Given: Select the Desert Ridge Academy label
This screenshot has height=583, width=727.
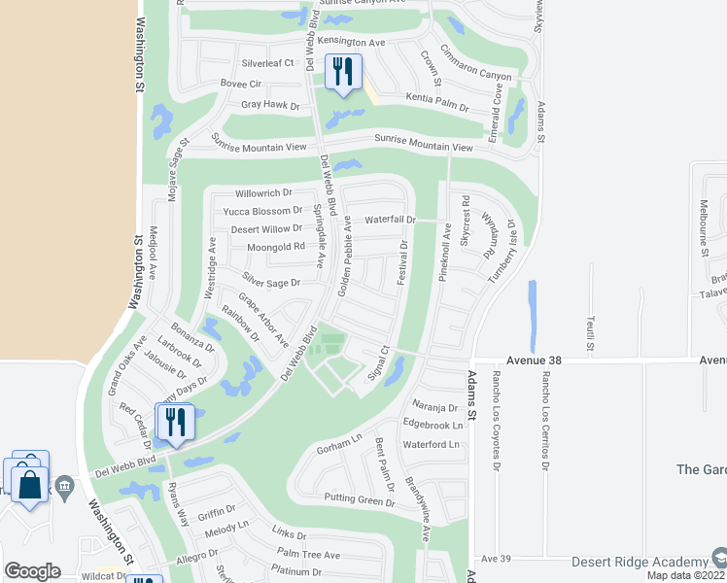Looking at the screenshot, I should [639, 563].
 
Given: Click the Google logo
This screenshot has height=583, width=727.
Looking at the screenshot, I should [32, 571].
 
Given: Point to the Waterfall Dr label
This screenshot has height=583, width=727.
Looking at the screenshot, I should [390, 220].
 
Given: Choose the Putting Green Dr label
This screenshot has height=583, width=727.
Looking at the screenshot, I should [359, 502].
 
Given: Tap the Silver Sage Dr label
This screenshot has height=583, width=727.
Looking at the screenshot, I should [273, 283].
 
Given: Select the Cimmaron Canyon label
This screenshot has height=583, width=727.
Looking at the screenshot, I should [475, 62].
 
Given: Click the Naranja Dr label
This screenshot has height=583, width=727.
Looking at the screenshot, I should [433, 408].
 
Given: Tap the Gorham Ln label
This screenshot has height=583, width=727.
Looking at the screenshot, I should [338, 449].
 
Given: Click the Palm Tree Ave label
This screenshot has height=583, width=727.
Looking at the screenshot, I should [308, 555].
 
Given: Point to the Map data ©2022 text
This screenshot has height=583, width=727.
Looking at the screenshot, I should [685, 575].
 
